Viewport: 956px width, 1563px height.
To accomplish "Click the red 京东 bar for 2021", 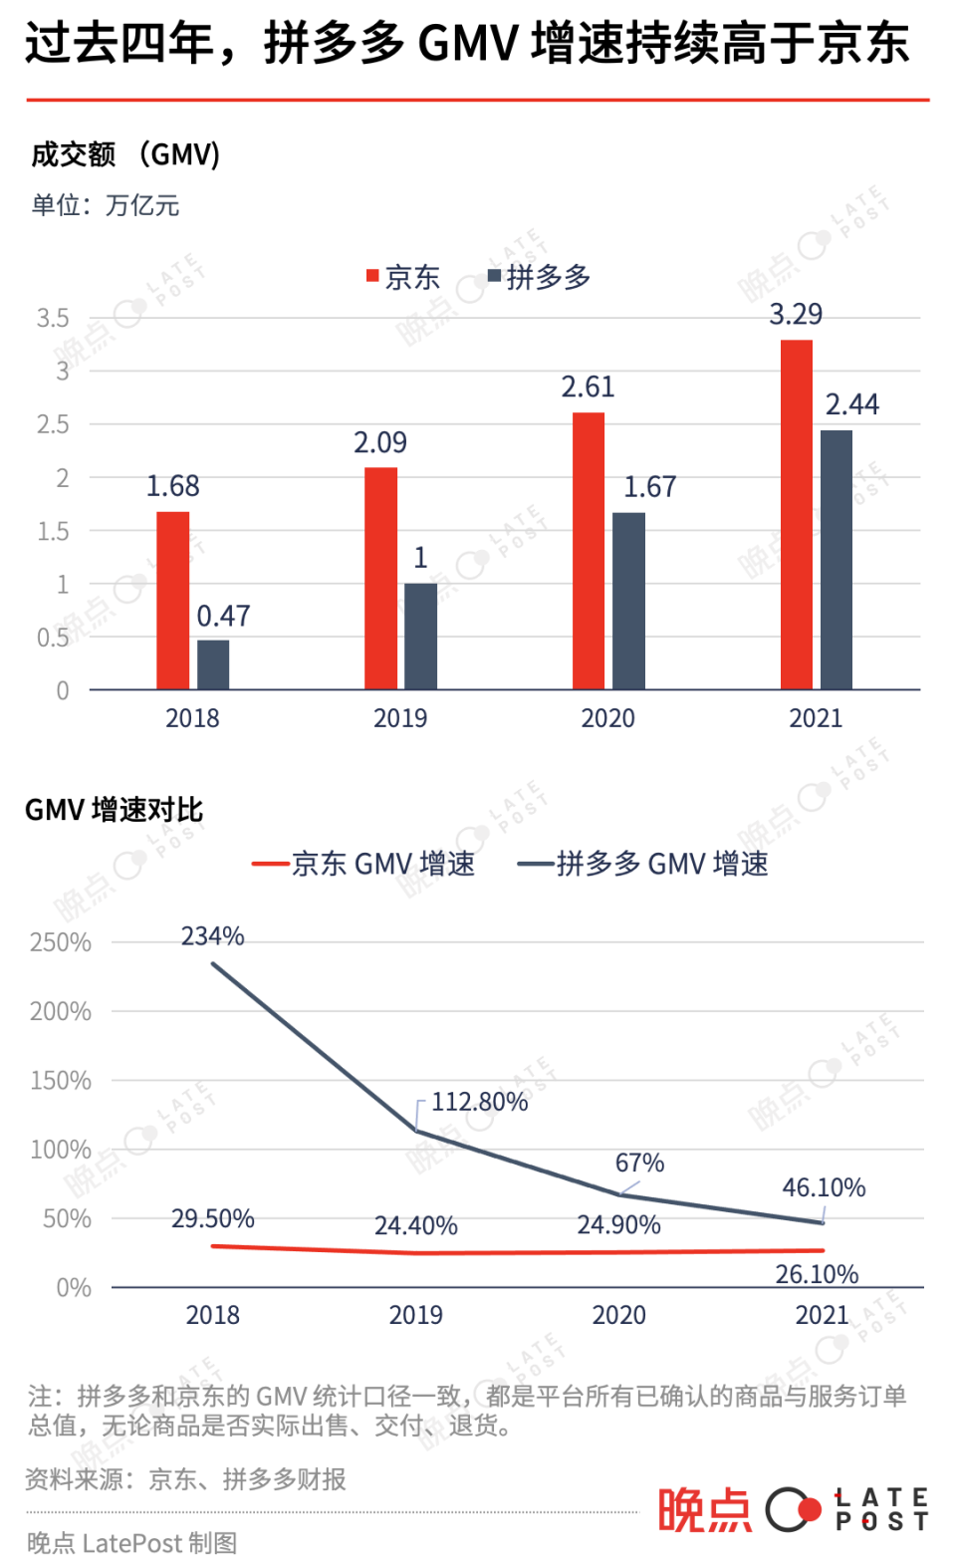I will coord(796,514).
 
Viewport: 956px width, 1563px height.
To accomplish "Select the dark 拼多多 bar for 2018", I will coord(213,664).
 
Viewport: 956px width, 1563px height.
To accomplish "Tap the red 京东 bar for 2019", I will coord(380,578).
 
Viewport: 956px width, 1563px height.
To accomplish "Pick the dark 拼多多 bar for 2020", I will coord(628,601).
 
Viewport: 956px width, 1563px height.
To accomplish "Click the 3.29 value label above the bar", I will coord(796,315).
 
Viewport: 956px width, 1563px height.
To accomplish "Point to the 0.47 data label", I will coord(223,617).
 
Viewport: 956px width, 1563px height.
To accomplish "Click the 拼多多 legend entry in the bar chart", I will coord(539,277).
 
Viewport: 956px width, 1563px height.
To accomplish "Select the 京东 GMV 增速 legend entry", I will coord(364,864).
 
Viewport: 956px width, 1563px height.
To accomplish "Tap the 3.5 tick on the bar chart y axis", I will coord(53,319).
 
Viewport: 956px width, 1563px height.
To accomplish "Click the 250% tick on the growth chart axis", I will coord(61,942).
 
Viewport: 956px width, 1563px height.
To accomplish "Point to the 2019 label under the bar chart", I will coord(400,718).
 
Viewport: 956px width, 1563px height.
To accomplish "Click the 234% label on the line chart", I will coord(212,936).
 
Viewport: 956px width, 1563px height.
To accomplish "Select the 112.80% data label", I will coord(479,1102).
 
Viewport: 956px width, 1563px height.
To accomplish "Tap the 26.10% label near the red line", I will coord(817,1274).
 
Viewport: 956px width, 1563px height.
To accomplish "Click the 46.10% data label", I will coord(824,1187).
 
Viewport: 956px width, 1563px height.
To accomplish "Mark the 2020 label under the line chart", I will coord(618,1315).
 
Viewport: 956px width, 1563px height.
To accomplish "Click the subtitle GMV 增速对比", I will coord(114,810).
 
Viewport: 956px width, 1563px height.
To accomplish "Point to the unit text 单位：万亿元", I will coord(106,205).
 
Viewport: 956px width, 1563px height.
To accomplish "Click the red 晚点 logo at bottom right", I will coord(704,1509).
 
